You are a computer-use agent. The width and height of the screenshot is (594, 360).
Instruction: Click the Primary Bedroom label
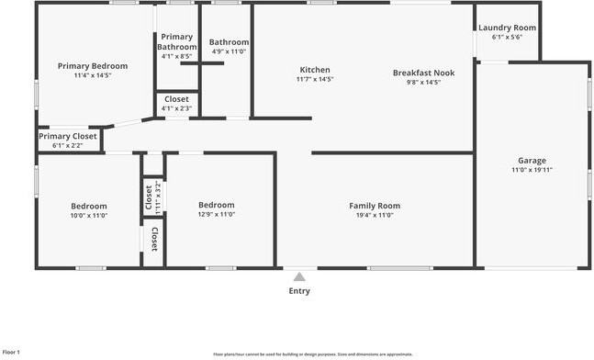coord(93,66)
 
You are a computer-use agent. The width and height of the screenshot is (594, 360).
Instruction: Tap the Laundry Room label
coord(507,28)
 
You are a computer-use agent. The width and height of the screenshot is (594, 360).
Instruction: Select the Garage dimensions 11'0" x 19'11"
coord(532,170)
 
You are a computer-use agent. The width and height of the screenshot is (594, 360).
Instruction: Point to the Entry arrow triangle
coord(299,276)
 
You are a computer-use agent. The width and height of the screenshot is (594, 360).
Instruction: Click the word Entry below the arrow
coord(299,291)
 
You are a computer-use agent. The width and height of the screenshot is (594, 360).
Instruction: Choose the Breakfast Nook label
coord(423,73)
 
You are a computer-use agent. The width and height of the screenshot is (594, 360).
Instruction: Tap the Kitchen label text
coord(315,70)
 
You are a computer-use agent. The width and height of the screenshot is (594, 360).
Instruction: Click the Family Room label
coord(375,205)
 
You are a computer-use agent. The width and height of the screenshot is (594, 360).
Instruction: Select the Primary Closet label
coord(67,136)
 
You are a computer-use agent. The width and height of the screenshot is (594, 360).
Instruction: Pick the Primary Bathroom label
coord(176,41)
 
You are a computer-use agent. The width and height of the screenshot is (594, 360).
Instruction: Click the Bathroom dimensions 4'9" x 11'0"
coord(229,52)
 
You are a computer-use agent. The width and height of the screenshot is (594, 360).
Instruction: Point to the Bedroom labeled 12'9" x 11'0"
coord(217,205)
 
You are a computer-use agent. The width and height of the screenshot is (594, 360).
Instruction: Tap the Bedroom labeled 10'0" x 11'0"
coord(89,206)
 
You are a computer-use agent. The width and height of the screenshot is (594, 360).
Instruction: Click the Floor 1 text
coord(12,352)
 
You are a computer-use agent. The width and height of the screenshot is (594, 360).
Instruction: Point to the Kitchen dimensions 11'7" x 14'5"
coord(315,80)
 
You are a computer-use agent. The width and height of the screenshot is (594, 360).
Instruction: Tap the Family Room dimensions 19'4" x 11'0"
coord(375,215)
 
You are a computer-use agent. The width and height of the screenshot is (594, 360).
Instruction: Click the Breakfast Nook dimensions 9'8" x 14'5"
coord(423,83)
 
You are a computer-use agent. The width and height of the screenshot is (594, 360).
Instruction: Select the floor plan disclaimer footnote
coord(313,354)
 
